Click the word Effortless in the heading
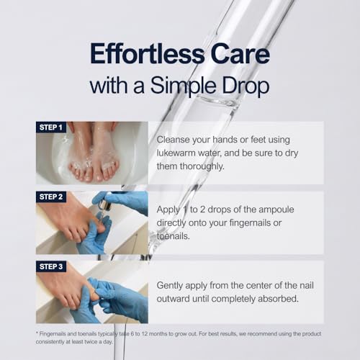(x=147, y=53)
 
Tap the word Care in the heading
(x=240, y=53)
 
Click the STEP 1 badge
(x=51, y=127)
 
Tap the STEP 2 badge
(x=51, y=197)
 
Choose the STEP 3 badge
(x=51, y=266)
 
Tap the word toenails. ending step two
(x=173, y=236)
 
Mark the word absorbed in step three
(x=279, y=299)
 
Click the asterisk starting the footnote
(x=37, y=333)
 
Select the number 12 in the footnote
(x=145, y=334)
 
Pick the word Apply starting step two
(x=168, y=210)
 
